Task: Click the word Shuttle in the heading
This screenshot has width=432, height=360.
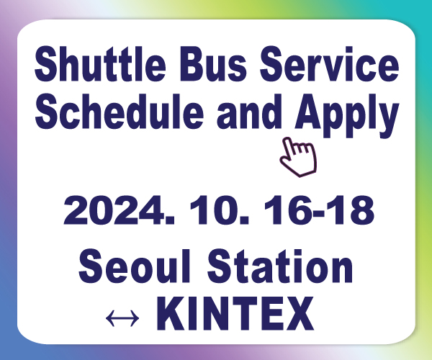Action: point(100,64)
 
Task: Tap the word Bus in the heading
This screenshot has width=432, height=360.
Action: point(213,64)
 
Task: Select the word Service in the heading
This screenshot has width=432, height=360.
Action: point(330,64)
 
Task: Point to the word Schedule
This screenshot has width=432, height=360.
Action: point(120,111)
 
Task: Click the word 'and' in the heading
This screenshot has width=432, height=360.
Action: point(250,112)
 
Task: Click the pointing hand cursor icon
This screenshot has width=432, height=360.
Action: point(299,157)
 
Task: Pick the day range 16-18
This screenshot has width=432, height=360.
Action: point(319,210)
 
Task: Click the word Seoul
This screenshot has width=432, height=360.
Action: point(134,266)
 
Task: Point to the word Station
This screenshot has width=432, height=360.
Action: point(280,266)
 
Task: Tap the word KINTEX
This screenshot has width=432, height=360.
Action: point(235,313)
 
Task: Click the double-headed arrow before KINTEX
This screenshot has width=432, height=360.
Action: point(122,318)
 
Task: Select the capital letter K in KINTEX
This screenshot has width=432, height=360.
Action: point(171,313)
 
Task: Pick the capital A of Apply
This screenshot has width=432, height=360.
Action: point(311,111)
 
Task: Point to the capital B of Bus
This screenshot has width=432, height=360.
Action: point(193,64)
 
